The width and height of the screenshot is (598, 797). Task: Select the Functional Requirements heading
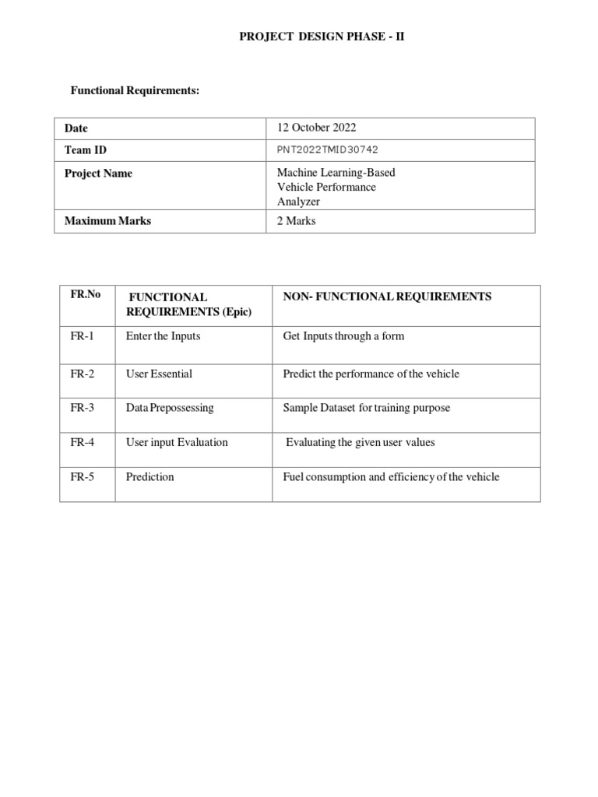(x=135, y=91)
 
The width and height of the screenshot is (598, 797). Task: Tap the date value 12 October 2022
(x=316, y=128)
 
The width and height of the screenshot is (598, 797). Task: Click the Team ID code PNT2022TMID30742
(x=328, y=150)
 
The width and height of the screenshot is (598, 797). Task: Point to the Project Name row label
(x=98, y=174)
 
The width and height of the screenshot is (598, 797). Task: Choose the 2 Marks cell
(x=297, y=221)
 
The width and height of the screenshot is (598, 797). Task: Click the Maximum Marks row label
(x=107, y=221)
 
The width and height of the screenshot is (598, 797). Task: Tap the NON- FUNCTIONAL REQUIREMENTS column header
(x=387, y=297)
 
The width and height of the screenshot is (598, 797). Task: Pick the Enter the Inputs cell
(x=163, y=336)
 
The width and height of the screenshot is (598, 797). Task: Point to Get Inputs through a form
(x=343, y=336)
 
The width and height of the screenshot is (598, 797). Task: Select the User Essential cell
(x=159, y=374)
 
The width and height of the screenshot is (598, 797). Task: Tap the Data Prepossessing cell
(x=170, y=408)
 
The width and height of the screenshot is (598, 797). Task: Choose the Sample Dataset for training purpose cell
(x=366, y=408)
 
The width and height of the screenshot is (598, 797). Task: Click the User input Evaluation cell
(x=177, y=442)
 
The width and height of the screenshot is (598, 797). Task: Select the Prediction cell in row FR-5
(x=150, y=476)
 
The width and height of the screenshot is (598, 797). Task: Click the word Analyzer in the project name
(x=298, y=202)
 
